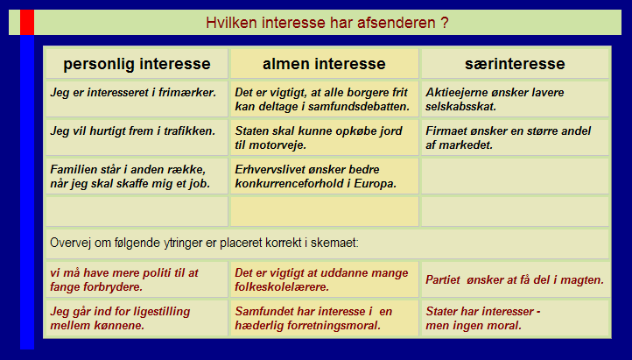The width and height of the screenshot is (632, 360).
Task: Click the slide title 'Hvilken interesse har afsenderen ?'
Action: (327, 23)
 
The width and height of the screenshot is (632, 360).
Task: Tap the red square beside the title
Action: (27, 22)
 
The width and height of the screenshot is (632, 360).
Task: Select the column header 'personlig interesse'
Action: (137, 64)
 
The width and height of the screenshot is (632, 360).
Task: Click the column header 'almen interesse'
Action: (324, 64)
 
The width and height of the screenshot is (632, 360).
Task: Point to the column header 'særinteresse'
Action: (515, 64)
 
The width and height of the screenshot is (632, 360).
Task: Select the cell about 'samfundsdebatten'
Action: (324, 99)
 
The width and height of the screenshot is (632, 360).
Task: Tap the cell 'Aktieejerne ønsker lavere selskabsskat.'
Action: (515, 99)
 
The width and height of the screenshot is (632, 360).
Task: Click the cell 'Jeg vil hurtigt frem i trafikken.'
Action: (137, 138)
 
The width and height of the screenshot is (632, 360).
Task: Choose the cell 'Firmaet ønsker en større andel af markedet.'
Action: (515, 138)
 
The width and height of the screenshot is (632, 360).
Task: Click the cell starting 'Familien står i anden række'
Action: (137, 176)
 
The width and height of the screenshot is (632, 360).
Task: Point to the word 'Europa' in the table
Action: (376, 184)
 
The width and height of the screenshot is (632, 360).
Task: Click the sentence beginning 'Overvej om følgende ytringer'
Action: (204, 243)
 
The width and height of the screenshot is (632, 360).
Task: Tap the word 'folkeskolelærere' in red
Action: (282, 287)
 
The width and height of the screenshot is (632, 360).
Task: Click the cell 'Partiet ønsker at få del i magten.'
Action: (515, 279)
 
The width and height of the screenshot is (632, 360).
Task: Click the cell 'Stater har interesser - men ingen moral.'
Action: (515, 318)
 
